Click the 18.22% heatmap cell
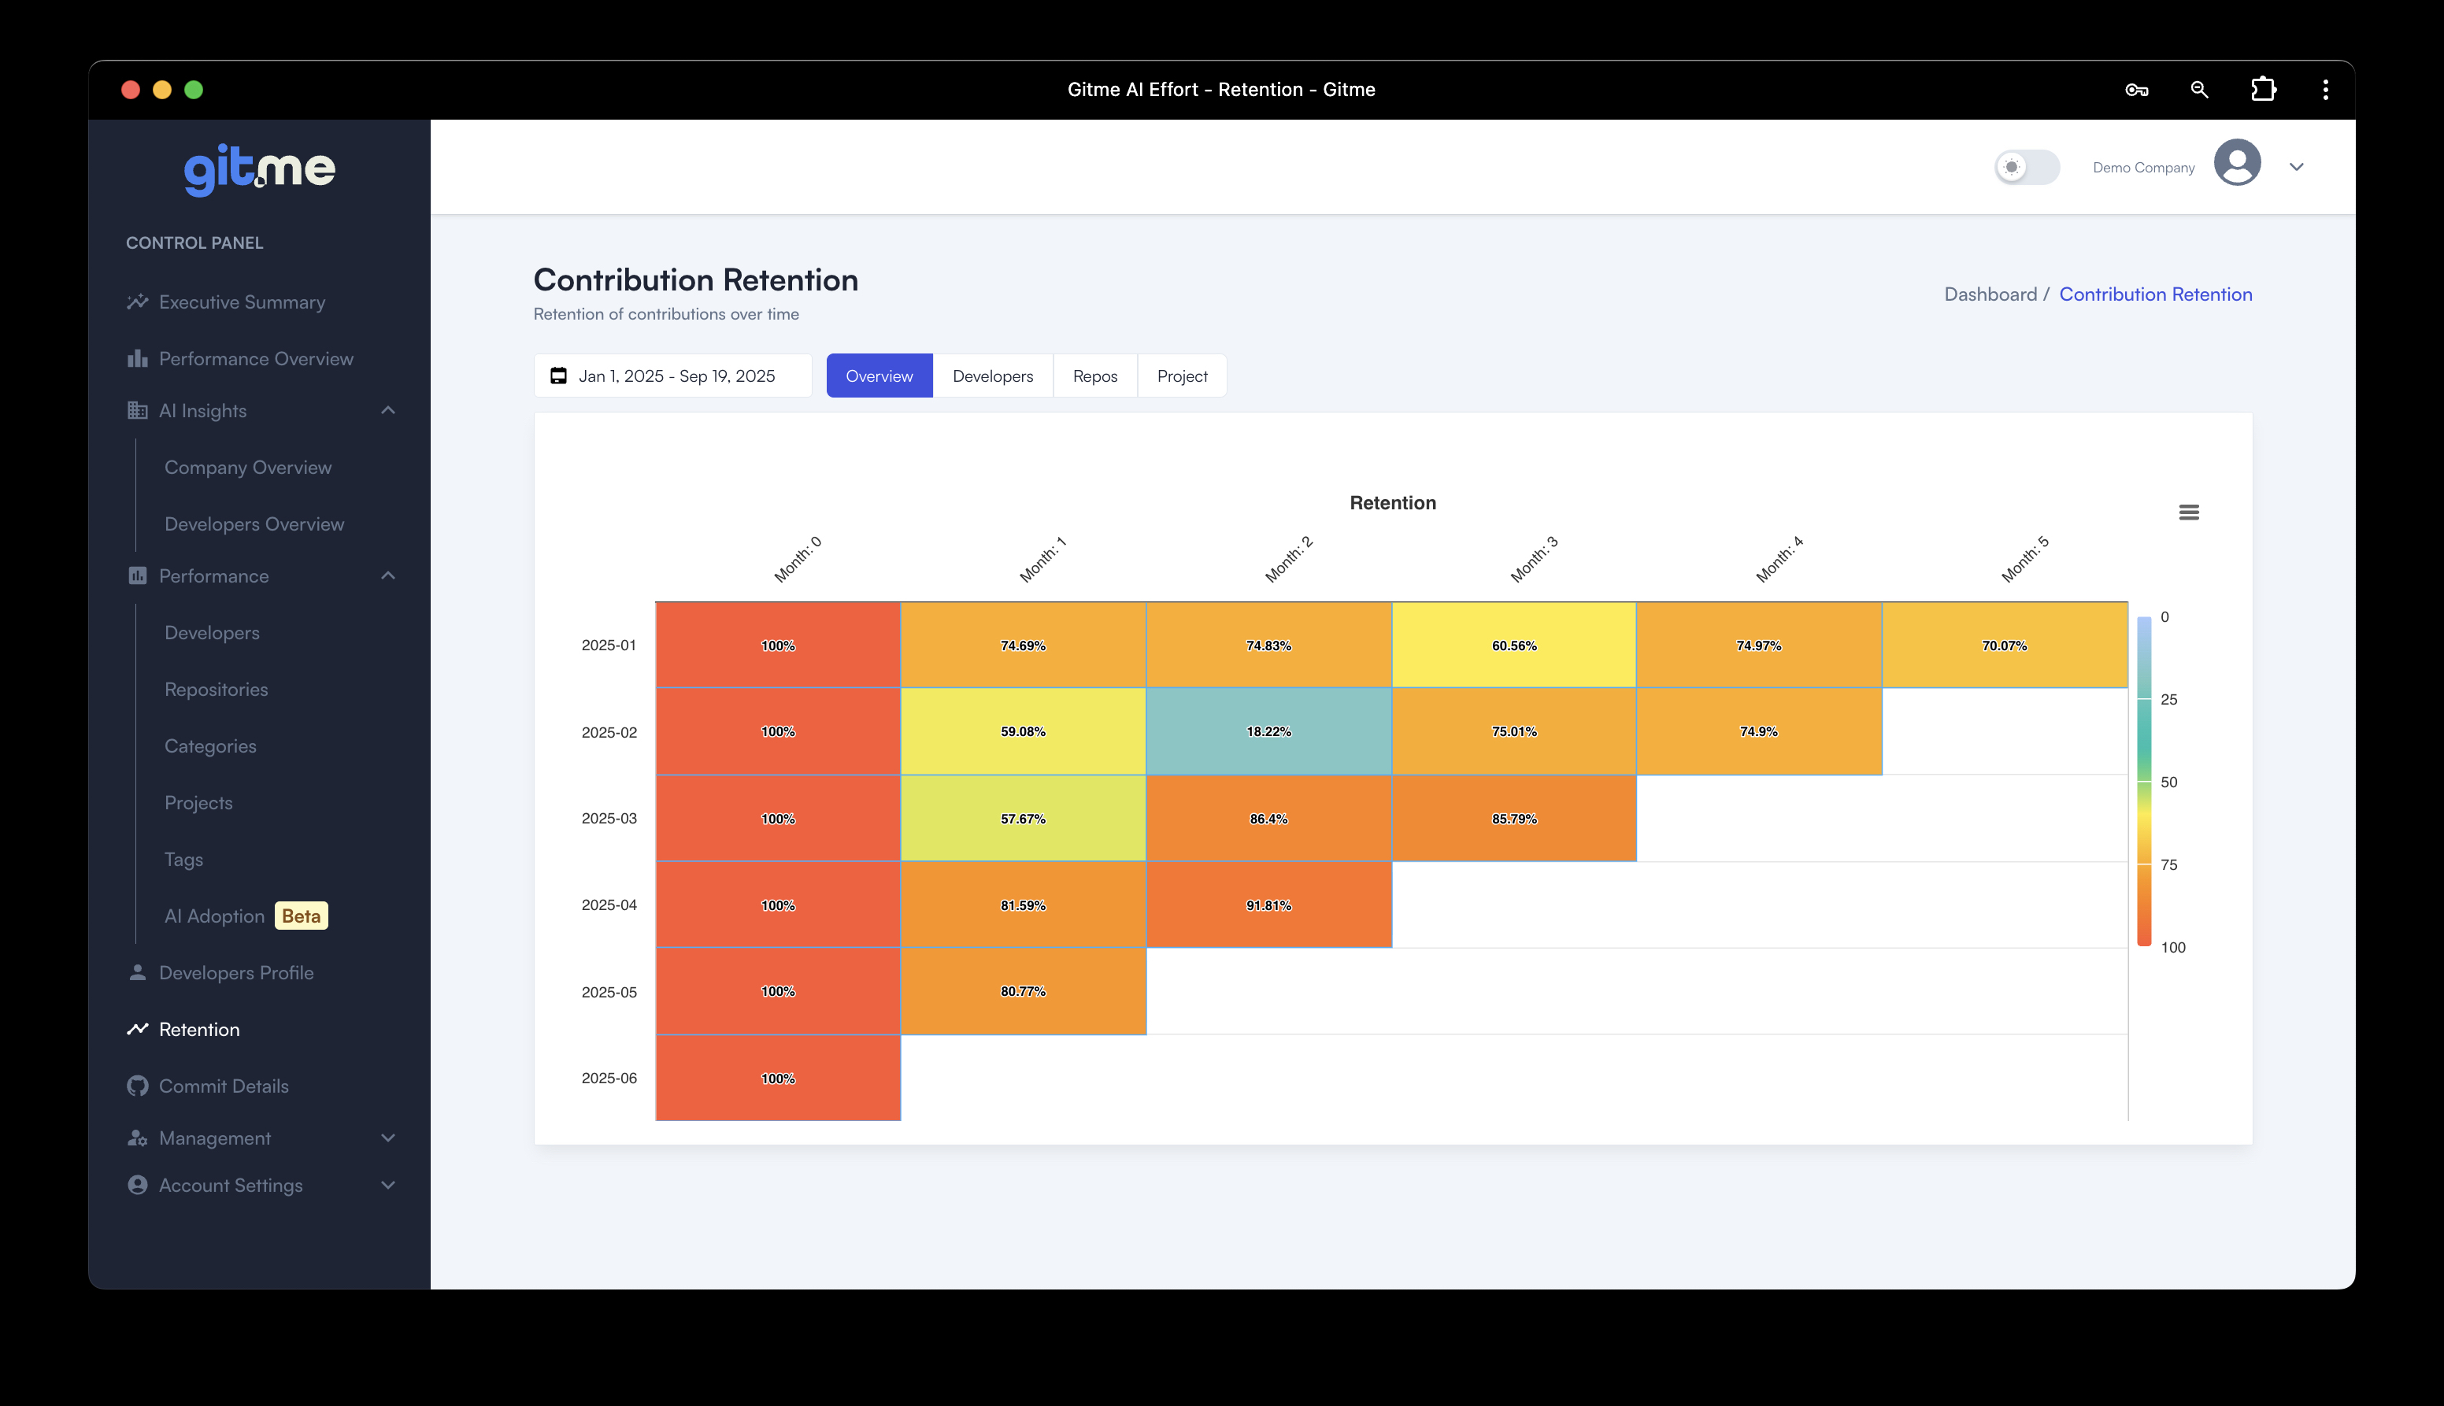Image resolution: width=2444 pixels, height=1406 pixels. pos(1268,731)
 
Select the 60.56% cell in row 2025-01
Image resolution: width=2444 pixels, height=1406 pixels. pos(1513,645)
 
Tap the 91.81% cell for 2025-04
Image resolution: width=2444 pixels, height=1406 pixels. pos(1268,905)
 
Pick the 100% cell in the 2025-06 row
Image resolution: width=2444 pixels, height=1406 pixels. pos(777,1078)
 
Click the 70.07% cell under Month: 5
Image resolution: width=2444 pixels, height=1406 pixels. pos(2004,645)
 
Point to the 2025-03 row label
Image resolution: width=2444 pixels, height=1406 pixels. pos(609,818)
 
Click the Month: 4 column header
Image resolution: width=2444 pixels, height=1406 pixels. pos(1779,560)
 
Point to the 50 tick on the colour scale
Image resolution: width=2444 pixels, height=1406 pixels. pos(2168,783)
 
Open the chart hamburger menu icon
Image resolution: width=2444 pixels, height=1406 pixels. pos(2188,512)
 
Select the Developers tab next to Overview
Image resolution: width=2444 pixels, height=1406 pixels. pos(992,376)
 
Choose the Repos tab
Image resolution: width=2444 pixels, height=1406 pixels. pos(1094,376)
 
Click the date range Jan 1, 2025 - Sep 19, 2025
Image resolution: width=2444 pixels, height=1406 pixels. pos(674,376)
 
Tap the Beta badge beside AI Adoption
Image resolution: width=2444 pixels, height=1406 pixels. pos(302,916)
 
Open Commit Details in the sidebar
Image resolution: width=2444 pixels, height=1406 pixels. pos(223,1086)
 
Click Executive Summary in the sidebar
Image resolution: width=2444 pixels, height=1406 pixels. pos(242,302)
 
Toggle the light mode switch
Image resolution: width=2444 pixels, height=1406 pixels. pos(2027,167)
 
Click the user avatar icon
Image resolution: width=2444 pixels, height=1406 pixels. pos(2236,163)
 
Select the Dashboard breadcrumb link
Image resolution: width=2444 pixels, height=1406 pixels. pos(1989,294)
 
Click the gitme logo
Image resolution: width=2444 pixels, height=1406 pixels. pos(259,170)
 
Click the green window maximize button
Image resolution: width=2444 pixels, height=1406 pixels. pos(193,90)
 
